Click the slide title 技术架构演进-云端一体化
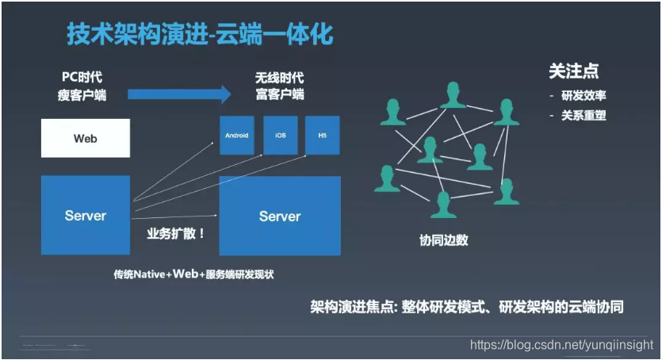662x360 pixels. pos(199,36)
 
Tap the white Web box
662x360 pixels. pos(85,138)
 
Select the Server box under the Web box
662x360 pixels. pos(85,215)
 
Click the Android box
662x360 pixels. pos(236,136)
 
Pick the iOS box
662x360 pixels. pos(280,136)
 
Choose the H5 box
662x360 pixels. pos(323,136)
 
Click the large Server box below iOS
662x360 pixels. pos(280,216)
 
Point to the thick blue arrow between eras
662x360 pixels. pos(178,95)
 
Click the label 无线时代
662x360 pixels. pos(279,79)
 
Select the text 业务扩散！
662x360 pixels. pos(176,234)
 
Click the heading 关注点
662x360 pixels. pos(573,71)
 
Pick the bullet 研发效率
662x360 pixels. pos(584,96)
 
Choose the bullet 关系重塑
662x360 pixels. pos(584,116)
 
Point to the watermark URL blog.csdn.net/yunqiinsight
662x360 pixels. pos(561,345)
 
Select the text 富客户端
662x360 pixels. pos(279,95)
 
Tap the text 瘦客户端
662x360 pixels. pos(83,95)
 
